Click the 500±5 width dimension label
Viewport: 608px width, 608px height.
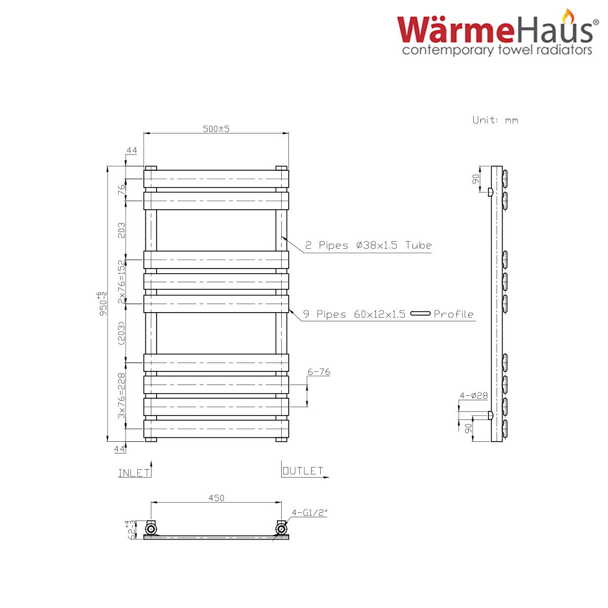tap(216, 129)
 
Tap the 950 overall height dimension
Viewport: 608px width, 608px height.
tap(103, 303)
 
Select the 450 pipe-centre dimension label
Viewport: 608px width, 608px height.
tap(216, 498)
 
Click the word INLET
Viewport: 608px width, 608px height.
tap(134, 473)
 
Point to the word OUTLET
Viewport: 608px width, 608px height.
tap(303, 471)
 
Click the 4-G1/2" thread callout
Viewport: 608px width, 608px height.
tap(309, 513)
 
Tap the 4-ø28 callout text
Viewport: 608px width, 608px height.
tap(474, 395)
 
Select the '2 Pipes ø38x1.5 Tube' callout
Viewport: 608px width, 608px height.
tap(368, 245)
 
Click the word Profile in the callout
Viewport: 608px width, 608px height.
tap(453, 314)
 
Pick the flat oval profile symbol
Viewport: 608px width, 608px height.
tap(420, 313)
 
